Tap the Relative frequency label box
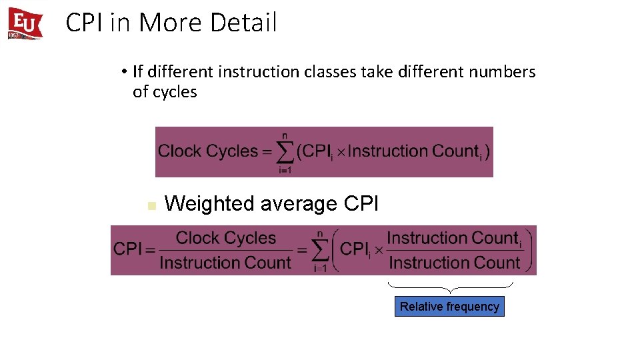[x=449, y=307]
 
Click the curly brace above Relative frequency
[x=451, y=287]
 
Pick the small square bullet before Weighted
[x=151, y=205]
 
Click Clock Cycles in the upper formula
[x=207, y=151]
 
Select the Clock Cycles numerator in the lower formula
[x=225, y=238]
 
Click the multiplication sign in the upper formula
[x=339, y=152]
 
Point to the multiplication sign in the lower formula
[x=378, y=251]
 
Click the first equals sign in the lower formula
[x=151, y=251]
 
